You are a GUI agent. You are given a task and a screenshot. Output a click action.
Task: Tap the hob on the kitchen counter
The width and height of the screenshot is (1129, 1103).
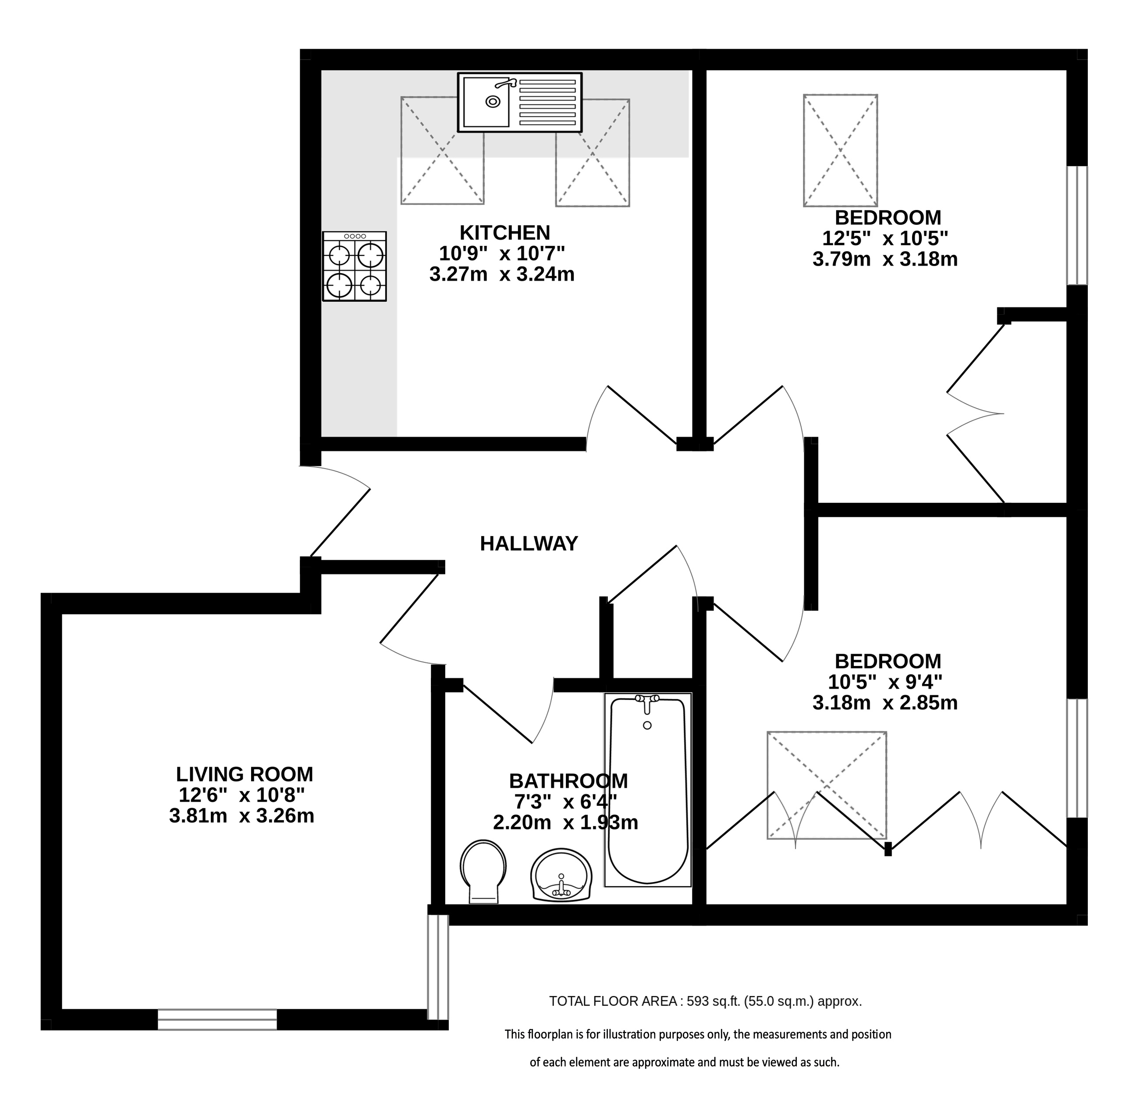[355, 267]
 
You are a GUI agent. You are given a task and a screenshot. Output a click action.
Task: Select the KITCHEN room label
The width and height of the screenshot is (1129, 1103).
[504, 233]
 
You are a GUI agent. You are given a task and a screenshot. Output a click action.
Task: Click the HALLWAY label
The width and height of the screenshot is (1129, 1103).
[529, 544]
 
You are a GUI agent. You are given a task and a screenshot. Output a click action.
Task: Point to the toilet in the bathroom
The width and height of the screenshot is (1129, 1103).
[483, 871]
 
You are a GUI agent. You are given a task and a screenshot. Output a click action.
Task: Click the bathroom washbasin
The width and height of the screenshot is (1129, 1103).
[562, 875]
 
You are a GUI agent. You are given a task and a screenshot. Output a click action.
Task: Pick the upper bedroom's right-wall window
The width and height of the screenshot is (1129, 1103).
[1077, 225]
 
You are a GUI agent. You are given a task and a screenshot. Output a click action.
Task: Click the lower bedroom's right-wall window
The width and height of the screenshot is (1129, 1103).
[1077, 758]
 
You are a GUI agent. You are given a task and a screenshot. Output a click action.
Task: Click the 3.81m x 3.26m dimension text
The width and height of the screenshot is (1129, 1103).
[241, 816]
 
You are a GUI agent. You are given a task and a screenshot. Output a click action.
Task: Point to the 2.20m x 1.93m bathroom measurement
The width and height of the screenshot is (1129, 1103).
[565, 822]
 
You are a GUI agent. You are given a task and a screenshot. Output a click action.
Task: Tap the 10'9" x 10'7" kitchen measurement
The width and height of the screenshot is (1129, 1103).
[502, 253]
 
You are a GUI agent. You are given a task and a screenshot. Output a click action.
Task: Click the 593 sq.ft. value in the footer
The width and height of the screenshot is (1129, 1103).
[714, 1001]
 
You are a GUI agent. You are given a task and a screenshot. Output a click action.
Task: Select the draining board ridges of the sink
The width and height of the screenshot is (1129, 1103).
[547, 103]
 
